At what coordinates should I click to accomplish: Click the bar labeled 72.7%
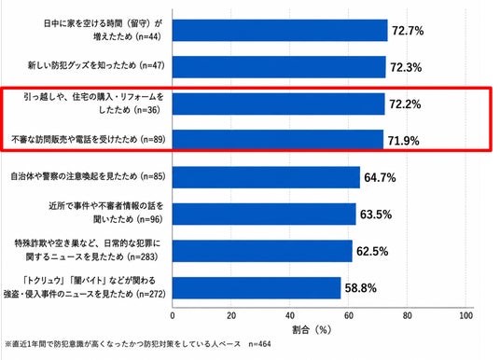point(280,30)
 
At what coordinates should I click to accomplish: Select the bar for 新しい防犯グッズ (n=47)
point(279,67)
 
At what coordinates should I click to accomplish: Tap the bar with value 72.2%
point(279,104)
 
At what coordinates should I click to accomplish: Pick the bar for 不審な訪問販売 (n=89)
point(278,139)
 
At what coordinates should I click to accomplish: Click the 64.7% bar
point(266,177)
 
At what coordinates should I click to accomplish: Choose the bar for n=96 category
point(264,214)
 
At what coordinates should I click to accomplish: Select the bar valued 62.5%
point(262,251)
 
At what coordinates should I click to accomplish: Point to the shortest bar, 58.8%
point(257,288)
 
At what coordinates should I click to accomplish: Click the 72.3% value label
point(406,67)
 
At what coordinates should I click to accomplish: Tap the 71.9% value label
point(403,141)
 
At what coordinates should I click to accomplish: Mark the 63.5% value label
point(376,215)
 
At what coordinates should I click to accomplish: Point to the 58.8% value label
point(361,288)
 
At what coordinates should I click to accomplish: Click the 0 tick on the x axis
point(173,315)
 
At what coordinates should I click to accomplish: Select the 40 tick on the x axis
point(290,315)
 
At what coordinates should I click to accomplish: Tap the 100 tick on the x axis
point(465,315)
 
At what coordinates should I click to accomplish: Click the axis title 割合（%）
point(312,330)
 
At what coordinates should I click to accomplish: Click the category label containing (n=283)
point(87,250)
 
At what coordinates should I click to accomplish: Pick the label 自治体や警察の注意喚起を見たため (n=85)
point(88,176)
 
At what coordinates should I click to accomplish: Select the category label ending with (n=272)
point(85,287)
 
